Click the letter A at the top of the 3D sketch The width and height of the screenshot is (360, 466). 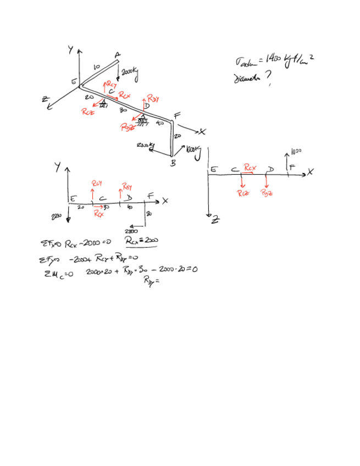(x=118, y=55)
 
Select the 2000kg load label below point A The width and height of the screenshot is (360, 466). (x=130, y=72)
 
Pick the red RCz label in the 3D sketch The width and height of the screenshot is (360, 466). (x=87, y=112)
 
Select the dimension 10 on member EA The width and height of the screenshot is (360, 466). (x=96, y=66)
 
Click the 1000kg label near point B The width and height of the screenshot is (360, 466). (x=193, y=148)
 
